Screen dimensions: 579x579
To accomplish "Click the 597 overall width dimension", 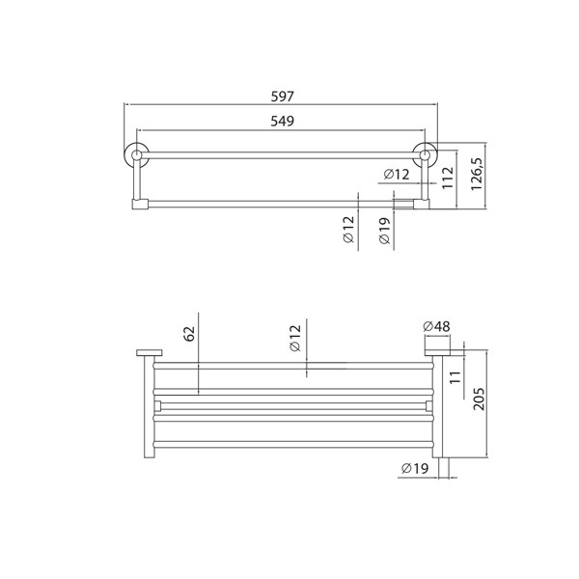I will tap(282, 96).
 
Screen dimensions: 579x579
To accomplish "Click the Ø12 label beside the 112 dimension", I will tap(397, 174).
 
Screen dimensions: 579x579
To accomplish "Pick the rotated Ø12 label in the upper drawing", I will tap(348, 233).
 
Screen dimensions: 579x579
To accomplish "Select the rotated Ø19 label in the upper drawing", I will tap(384, 233).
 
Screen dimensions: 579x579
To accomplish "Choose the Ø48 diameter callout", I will tap(436, 327).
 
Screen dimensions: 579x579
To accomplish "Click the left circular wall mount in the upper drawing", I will tap(137, 154).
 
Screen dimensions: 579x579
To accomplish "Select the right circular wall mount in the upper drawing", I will tap(424, 154).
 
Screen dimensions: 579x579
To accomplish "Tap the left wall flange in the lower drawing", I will tap(147, 351).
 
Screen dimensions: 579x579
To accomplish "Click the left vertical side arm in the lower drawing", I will tap(151, 405).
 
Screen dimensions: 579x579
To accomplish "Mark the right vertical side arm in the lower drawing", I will tap(436, 405).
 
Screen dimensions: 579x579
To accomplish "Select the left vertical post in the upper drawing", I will tap(137, 180).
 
